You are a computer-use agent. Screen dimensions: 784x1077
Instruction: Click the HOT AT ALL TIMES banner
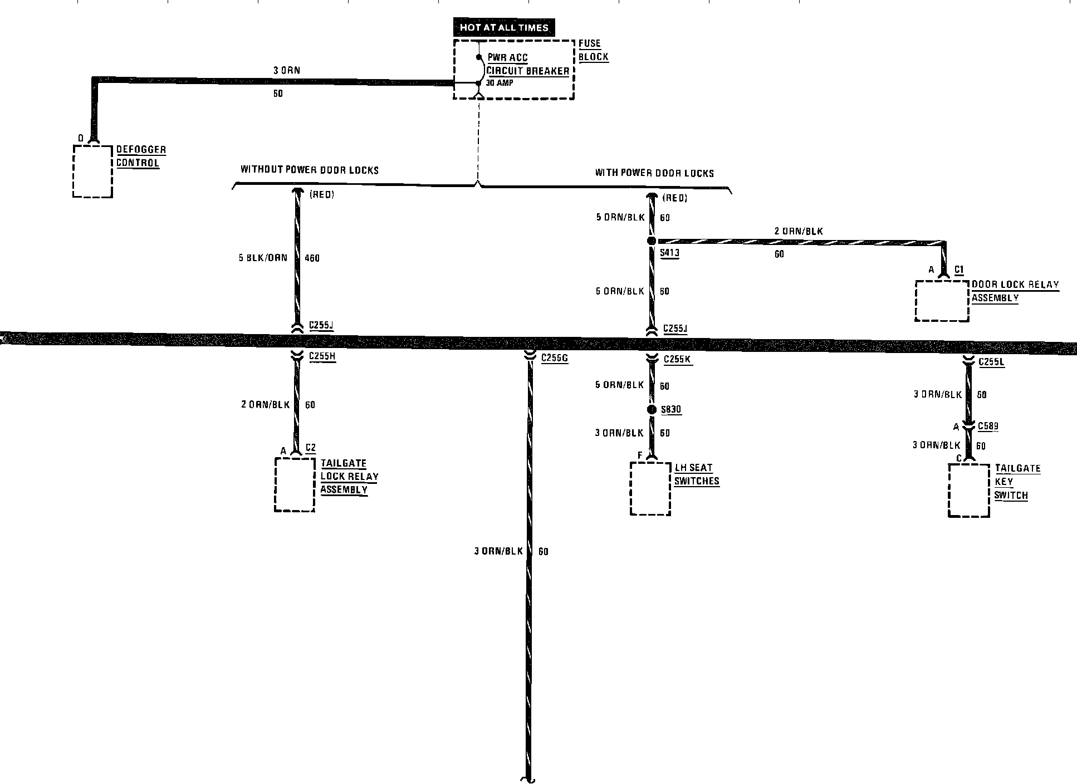(x=504, y=27)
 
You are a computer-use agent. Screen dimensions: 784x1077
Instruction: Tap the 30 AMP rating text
(x=500, y=83)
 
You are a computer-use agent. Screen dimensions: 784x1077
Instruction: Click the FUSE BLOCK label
(x=593, y=50)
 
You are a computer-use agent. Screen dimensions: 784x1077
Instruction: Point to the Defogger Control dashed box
(x=92, y=171)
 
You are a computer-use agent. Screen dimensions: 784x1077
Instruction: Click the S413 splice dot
(x=651, y=241)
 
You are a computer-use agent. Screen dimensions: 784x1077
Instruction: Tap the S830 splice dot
(x=651, y=410)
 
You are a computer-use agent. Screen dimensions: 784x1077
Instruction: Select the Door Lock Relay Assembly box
(x=942, y=301)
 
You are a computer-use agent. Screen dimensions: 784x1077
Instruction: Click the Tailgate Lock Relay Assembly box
(x=295, y=484)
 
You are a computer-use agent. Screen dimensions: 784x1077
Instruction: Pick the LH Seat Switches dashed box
(x=650, y=488)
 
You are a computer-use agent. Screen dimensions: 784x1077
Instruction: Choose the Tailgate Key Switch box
(x=969, y=489)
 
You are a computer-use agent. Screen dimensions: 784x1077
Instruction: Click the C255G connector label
(x=554, y=357)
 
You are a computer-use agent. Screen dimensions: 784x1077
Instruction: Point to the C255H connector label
(x=322, y=356)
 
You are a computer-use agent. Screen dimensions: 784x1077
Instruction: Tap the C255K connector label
(x=677, y=359)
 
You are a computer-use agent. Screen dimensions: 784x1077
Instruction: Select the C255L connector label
(x=991, y=362)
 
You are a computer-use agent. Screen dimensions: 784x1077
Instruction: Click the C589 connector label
(x=988, y=427)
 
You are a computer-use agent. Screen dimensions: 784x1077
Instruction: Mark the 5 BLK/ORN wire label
(x=263, y=258)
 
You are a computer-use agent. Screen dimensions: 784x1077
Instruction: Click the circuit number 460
(x=312, y=258)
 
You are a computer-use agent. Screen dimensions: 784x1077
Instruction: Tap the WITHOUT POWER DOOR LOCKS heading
(x=309, y=169)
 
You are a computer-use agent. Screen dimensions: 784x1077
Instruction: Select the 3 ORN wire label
(x=287, y=71)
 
